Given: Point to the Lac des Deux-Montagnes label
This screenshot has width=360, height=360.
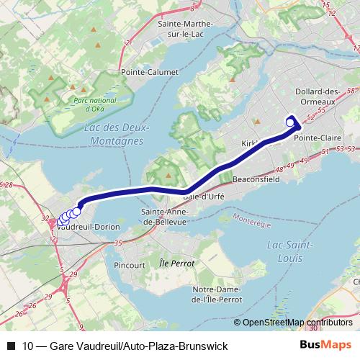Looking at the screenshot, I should (x=115, y=134).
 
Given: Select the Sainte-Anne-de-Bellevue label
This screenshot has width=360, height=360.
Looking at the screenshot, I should (x=165, y=217).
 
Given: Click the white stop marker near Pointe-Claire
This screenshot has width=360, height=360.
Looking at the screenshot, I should (x=290, y=122).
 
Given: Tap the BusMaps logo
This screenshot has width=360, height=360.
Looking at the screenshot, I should (x=325, y=346).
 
